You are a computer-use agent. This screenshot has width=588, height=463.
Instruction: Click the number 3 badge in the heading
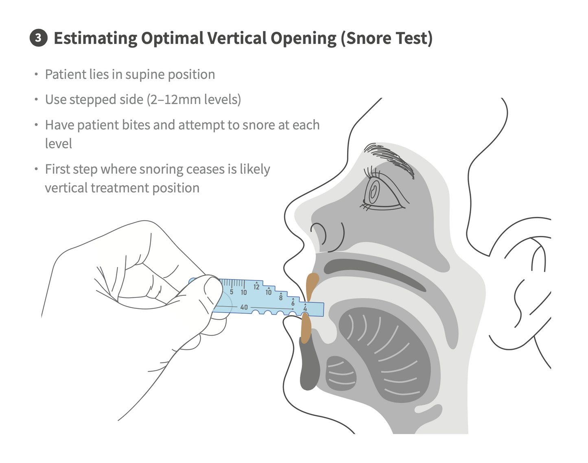(39, 38)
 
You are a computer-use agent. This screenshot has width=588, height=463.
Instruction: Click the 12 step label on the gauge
(256, 287)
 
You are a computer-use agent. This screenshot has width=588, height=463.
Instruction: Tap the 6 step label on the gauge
(293, 303)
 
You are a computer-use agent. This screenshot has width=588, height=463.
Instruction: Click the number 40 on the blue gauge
(244, 307)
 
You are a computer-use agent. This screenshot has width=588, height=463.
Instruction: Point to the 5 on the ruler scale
(232, 292)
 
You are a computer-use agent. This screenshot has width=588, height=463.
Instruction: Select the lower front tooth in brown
(306, 328)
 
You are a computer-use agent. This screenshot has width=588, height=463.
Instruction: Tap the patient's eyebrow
(389, 158)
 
